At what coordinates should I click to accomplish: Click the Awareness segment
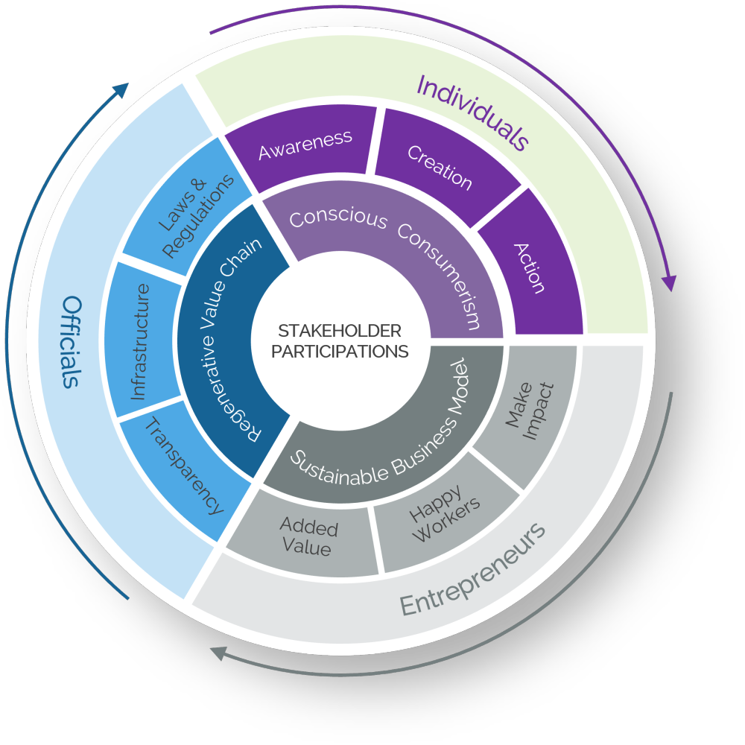point(305,145)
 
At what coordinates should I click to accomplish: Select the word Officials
point(71,342)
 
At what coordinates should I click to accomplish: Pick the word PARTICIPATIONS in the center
point(340,351)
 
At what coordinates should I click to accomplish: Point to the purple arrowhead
point(669,283)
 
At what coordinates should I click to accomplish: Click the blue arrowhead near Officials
point(121,89)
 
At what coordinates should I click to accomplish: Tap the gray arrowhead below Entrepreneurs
point(218,653)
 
